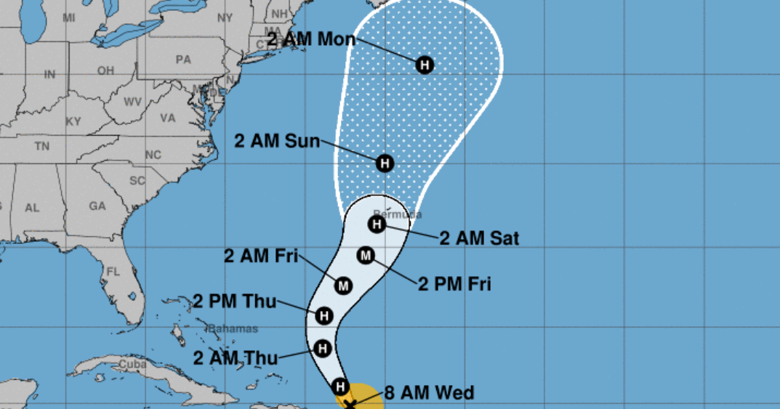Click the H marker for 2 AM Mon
(x=425, y=65)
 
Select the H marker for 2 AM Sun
(x=385, y=163)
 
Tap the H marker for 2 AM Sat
(x=377, y=224)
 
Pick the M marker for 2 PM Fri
(x=366, y=255)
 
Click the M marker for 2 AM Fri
(x=344, y=286)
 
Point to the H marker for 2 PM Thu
(x=324, y=316)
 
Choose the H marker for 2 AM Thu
(x=323, y=349)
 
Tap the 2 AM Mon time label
(x=311, y=39)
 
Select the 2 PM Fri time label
(x=454, y=283)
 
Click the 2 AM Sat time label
(x=479, y=238)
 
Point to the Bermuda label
(x=398, y=214)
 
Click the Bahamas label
(x=233, y=329)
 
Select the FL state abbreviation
(x=113, y=272)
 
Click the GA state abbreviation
(x=97, y=206)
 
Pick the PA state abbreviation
(x=183, y=60)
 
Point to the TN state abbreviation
(x=41, y=146)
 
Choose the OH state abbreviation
(x=106, y=70)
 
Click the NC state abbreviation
(x=153, y=155)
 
